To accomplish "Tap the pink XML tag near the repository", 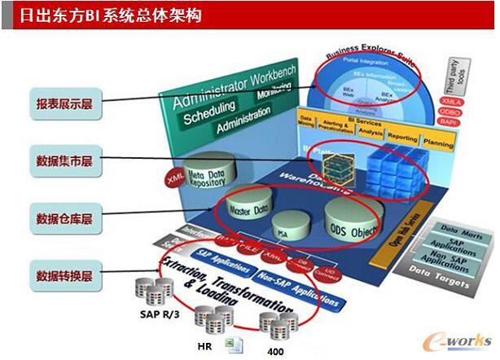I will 174,176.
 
